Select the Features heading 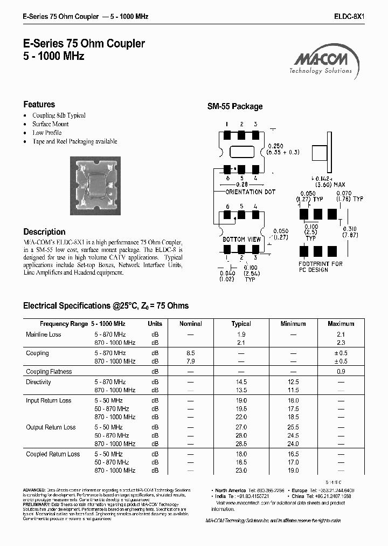point(39,104)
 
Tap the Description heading point(44,231)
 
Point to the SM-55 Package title point(235,106)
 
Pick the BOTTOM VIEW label point(241,239)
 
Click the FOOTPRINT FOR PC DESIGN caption point(321,267)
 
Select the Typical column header point(241,324)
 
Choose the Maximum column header point(341,324)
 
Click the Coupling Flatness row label point(48,372)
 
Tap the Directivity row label point(38,382)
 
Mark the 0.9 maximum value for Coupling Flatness point(341,372)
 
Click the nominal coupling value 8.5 point(190,353)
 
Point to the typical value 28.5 point(241,443)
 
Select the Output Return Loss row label point(51,427)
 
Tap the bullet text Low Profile point(47,133)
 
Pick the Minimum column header point(293,324)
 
